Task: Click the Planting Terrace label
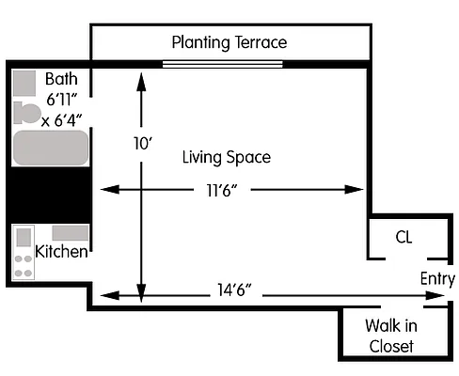tap(229, 42)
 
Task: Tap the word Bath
tap(61, 79)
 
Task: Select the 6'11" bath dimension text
tap(61, 100)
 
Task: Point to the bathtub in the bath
tap(51, 148)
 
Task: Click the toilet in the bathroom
tap(27, 113)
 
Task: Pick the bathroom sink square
tap(24, 83)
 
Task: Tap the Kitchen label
tap(61, 252)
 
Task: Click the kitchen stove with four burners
tap(24, 252)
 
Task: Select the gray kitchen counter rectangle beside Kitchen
tap(71, 233)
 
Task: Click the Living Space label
tap(227, 157)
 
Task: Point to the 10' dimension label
tap(143, 144)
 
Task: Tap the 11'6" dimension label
tap(222, 190)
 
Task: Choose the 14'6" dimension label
tap(234, 290)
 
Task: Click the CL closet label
tap(404, 237)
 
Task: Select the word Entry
tap(437, 279)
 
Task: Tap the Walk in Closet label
tap(391, 336)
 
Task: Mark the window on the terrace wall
tap(223, 64)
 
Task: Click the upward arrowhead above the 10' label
tap(141, 82)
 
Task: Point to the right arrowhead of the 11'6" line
tap(355, 189)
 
